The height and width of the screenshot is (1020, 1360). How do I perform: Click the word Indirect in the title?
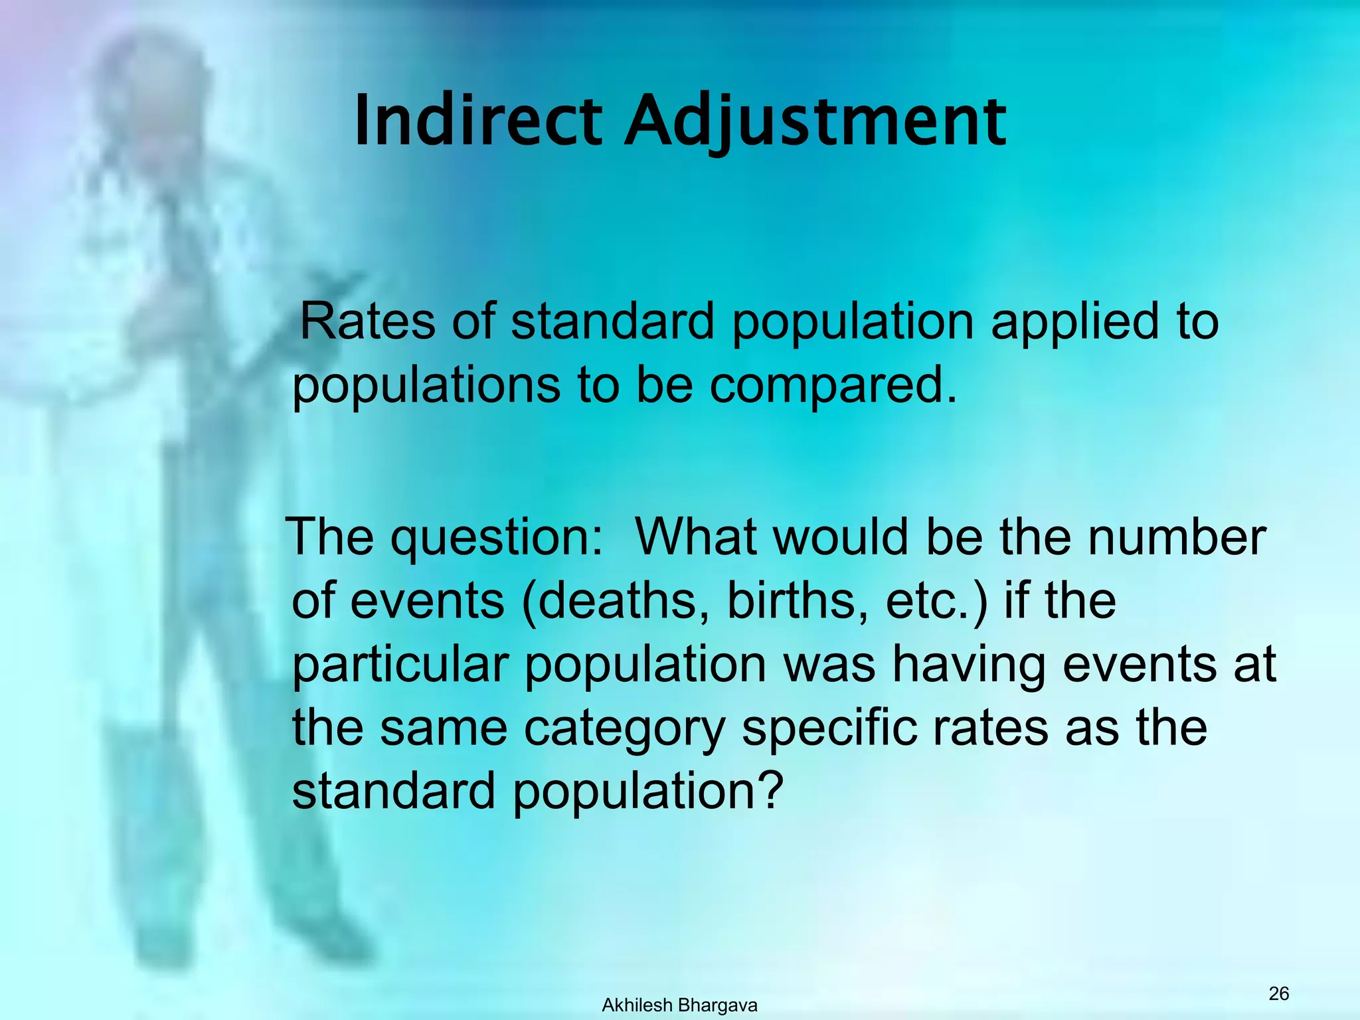(478, 122)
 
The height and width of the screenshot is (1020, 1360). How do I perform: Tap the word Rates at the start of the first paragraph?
(367, 321)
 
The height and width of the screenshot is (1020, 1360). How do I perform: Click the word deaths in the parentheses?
(622, 601)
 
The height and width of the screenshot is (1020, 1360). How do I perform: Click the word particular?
(400, 664)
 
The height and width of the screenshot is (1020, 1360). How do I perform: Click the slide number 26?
(1278, 993)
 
